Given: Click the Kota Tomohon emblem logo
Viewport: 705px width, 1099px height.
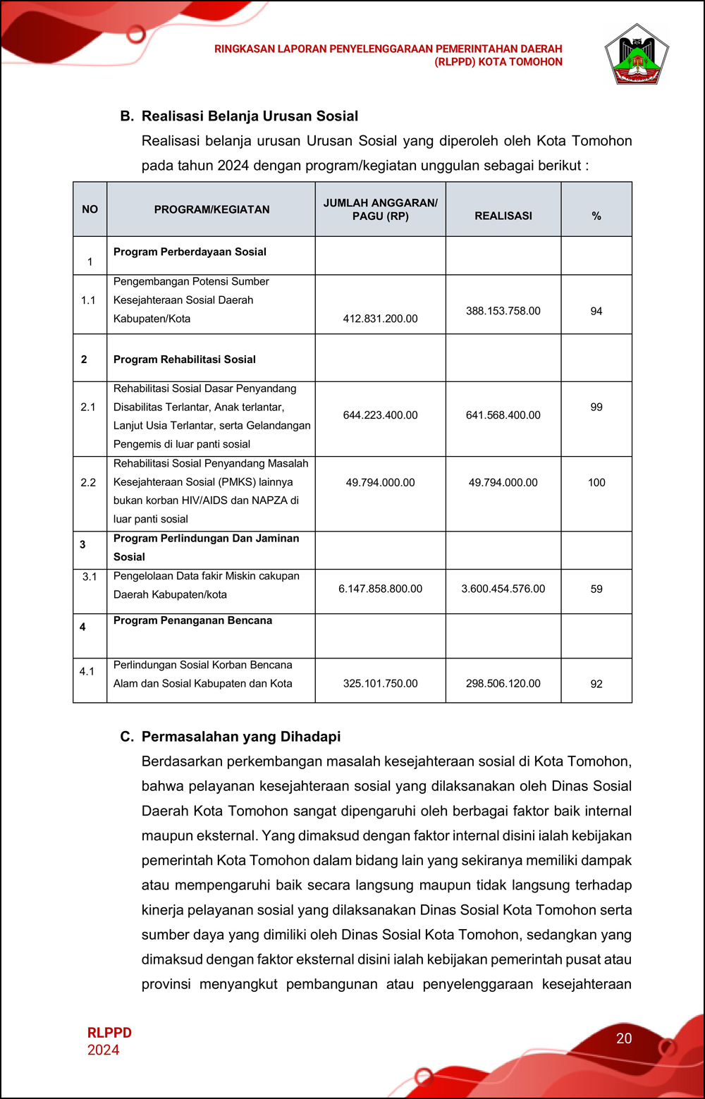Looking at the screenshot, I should [x=636, y=55].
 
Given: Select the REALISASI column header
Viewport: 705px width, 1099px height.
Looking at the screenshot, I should [x=503, y=216].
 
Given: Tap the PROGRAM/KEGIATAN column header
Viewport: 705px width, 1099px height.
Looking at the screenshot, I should [x=211, y=209].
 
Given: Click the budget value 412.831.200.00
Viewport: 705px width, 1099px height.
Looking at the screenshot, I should [x=380, y=319].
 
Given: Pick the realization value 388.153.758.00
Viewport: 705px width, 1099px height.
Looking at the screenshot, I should [x=503, y=311].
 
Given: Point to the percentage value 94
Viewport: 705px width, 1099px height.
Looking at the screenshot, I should [x=596, y=311].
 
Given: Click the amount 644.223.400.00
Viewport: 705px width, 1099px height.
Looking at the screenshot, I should [x=380, y=415].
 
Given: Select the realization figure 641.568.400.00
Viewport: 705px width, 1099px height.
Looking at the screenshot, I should [x=503, y=415].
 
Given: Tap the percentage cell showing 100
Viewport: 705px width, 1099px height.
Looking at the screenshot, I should [x=596, y=482].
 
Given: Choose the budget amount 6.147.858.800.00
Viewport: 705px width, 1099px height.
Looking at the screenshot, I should [x=380, y=589].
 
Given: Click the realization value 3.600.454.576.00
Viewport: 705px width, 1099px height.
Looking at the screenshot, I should [x=503, y=589].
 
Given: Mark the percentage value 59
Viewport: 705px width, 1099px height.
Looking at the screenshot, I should [x=596, y=589].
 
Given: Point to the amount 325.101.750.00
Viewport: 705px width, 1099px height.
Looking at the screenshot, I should [x=380, y=683].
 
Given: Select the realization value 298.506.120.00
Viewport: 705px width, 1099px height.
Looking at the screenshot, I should [x=503, y=683].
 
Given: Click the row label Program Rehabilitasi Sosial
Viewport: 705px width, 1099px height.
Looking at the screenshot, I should [x=185, y=360].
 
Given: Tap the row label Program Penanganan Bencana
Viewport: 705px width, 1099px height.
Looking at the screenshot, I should [x=192, y=620].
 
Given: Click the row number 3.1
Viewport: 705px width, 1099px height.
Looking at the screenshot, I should [x=90, y=577].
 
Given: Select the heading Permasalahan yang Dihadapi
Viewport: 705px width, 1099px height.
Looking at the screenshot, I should [x=240, y=737].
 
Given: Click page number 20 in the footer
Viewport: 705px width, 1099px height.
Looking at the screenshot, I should [x=624, y=1038].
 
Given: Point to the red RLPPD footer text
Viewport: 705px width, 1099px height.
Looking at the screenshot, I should [x=109, y=1033].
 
